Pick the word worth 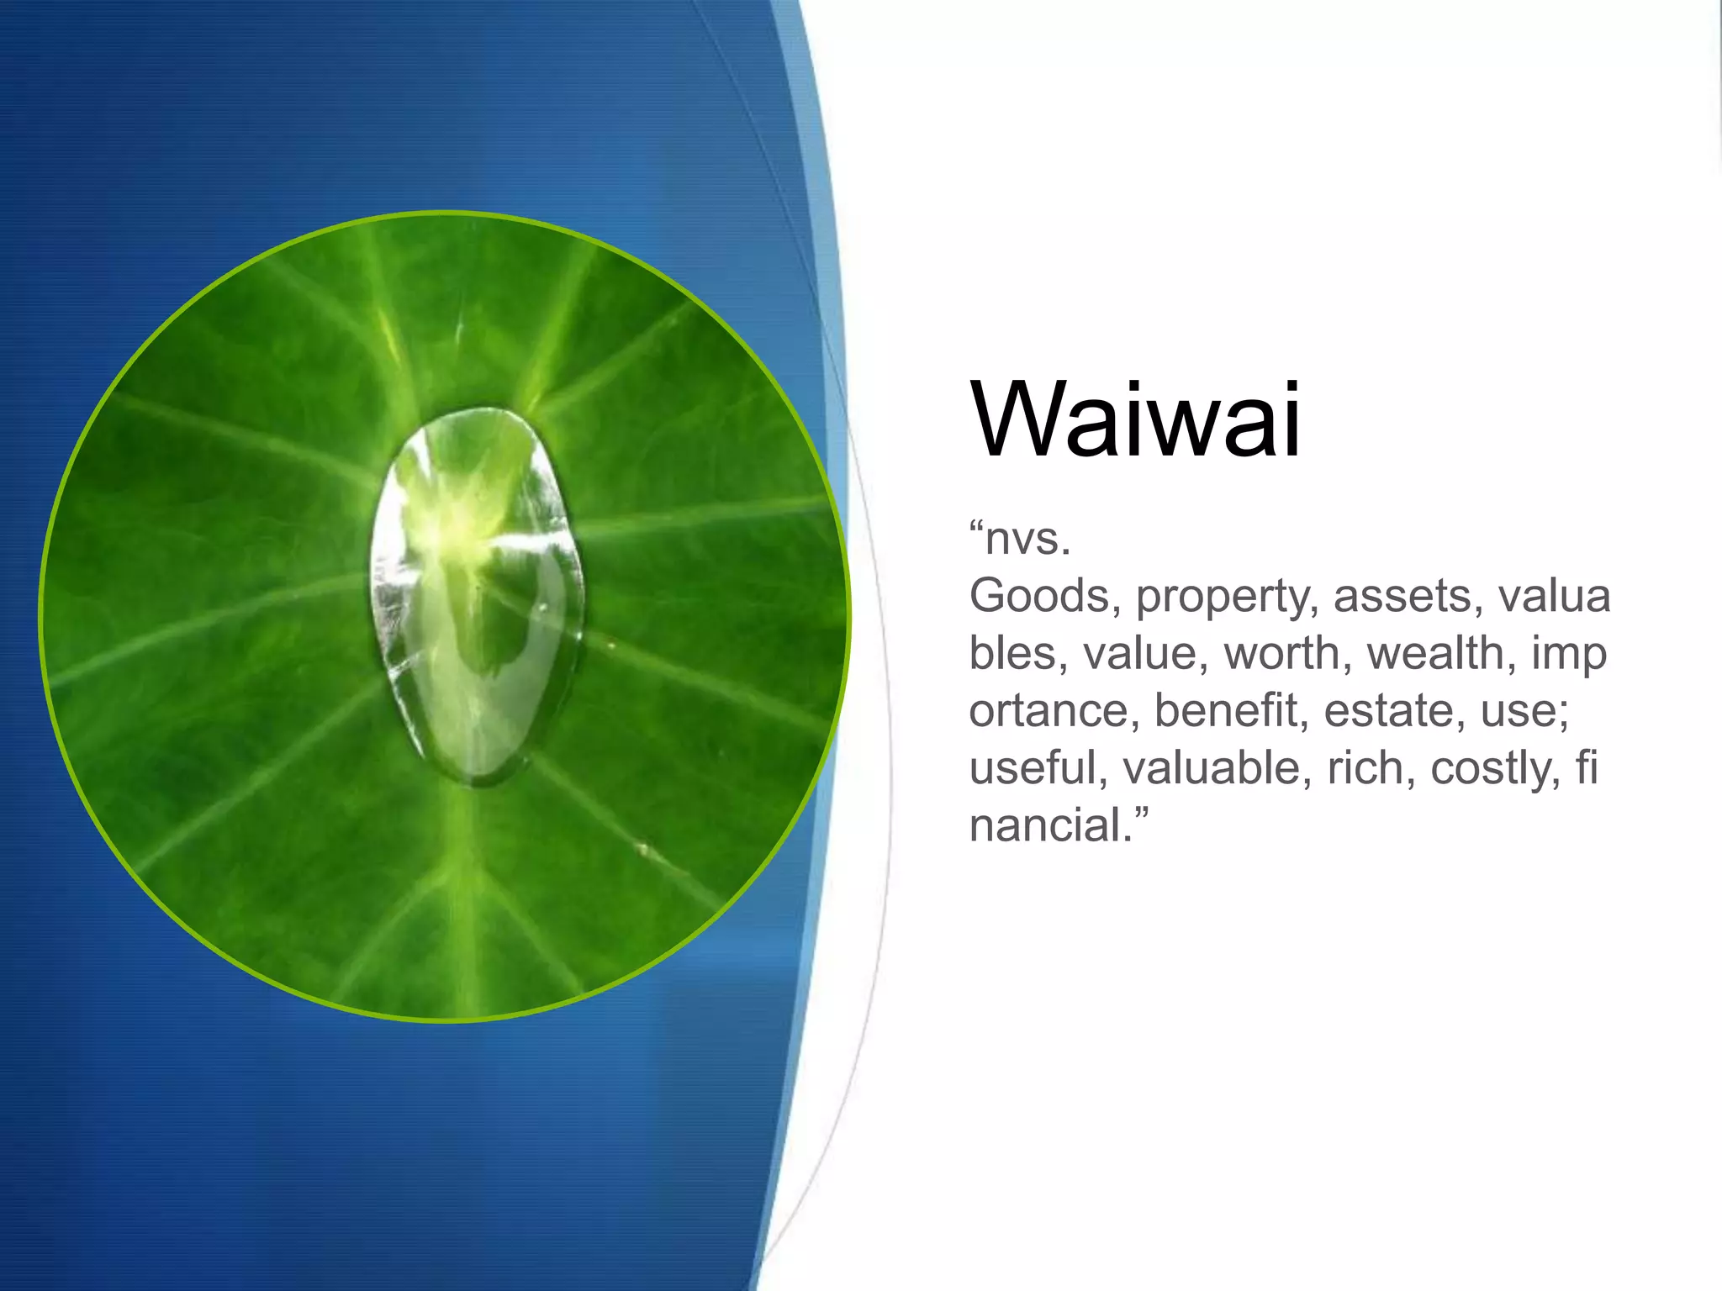coord(1286,653)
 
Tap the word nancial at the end coord(1046,825)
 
